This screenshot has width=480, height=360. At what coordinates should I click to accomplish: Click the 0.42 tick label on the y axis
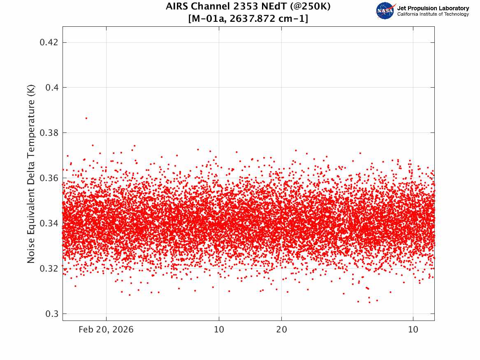click(48, 42)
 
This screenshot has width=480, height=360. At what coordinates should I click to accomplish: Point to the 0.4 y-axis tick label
click(51, 88)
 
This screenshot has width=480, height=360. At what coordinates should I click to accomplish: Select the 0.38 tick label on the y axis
click(48, 133)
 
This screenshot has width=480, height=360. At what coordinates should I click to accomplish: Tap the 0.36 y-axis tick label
click(48, 178)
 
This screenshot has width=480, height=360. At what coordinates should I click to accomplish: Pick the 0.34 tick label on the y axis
click(48, 223)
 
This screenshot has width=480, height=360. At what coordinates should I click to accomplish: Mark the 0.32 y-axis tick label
click(48, 269)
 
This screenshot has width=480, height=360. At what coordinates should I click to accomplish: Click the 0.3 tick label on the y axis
click(51, 314)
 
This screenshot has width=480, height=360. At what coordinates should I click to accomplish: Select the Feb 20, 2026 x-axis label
click(106, 330)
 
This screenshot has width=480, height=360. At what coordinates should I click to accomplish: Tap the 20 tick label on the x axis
click(281, 330)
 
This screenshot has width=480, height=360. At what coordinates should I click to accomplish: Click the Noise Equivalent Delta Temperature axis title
click(31, 174)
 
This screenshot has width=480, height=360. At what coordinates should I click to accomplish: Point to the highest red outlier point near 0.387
click(86, 118)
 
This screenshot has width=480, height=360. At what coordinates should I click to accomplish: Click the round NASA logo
click(385, 11)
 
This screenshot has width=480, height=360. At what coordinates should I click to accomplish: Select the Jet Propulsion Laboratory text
click(433, 8)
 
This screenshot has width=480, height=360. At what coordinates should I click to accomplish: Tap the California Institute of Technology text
click(433, 14)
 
